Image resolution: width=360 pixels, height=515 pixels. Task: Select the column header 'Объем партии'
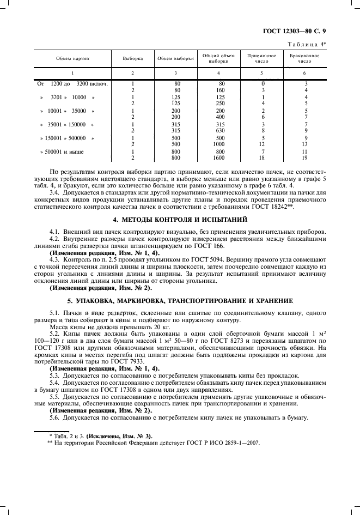coord(72,58)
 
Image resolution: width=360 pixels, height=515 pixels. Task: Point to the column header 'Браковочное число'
coord(304,58)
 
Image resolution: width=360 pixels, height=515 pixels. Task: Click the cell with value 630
coord(220,130)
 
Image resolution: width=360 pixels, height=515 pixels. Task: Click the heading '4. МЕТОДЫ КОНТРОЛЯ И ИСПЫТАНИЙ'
coord(179,220)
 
